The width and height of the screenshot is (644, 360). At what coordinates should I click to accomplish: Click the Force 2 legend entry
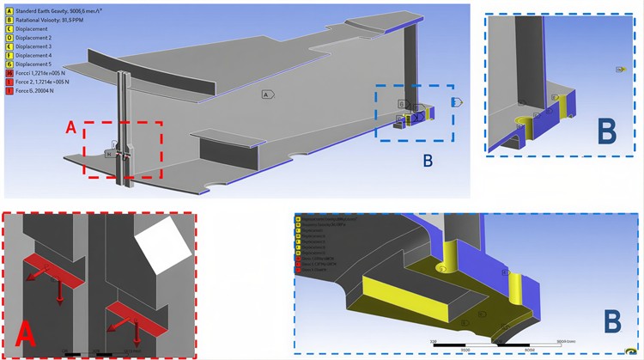coord(47,82)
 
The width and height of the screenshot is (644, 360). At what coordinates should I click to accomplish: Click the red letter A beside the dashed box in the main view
coord(73,128)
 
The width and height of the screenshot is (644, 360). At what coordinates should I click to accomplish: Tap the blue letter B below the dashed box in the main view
coord(427,160)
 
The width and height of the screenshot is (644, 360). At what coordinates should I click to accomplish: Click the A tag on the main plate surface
coord(267,94)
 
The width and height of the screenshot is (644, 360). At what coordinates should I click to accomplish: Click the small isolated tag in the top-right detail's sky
coord(619,69)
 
